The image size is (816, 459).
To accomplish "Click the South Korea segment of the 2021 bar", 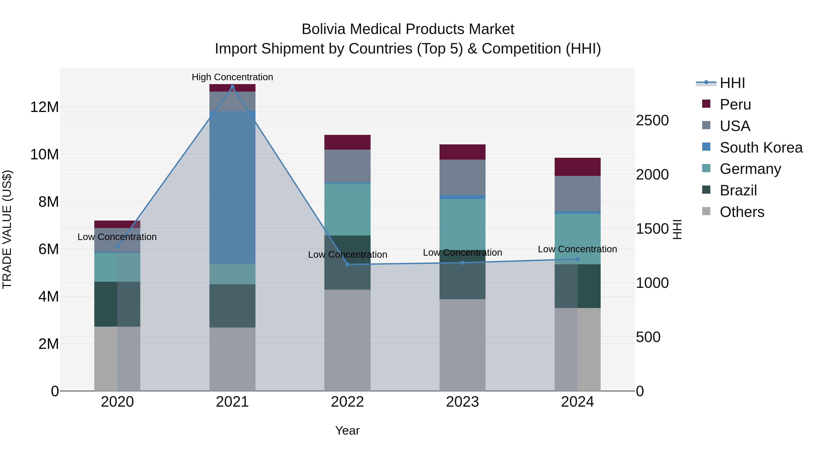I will click(x=232, y=187).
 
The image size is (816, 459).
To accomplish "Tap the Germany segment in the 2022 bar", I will click(x=347, y=209).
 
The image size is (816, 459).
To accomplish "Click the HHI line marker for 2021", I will click(x=232, y=87).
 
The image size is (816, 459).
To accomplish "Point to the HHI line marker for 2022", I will click(x=347, y=264).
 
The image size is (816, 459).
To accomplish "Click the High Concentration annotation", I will click(x=232, y=77).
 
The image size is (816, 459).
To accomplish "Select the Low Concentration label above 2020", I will click(x=117, y=237).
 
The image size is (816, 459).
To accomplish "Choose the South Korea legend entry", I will click(x=760, y=147).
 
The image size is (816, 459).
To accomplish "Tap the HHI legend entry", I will click(x=732, y=83).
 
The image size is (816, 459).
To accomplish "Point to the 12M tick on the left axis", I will click(x=44, y=107).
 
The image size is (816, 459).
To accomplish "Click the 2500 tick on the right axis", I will click(x=652, y=120).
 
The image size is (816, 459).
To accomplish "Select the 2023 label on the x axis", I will click(x=462, y=402).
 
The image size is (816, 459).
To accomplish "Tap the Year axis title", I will click(x=347, y=430).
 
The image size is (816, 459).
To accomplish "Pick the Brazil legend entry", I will click(x=738, y=190).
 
